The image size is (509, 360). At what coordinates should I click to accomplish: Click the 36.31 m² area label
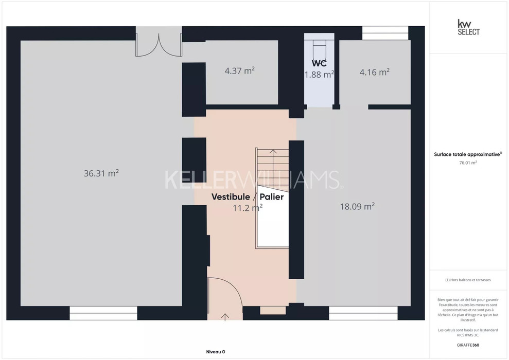pos(101,173)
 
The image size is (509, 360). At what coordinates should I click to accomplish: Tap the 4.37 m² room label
pos(239,70)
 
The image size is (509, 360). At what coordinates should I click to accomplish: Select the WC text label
pos(319,63)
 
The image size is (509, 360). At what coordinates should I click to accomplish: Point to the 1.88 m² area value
pos(319,75)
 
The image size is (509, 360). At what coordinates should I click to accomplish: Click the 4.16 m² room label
pos(375,72)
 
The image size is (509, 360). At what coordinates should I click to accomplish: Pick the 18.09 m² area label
pos(357,207)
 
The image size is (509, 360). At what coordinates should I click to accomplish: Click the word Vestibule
pos(231,197)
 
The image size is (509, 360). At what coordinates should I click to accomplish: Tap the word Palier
pos(272,197)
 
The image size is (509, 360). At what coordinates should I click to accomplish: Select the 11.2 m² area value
pos(248,208)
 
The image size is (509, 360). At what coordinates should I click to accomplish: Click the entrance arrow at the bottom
pos(225,317)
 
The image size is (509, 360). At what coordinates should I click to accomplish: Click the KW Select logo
pos(468,28)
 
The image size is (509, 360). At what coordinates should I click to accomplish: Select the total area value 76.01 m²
pos(468,163)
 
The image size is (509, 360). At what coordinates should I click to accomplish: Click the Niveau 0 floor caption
pos(216,352)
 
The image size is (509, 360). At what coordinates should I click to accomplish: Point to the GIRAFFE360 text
pos(468,345)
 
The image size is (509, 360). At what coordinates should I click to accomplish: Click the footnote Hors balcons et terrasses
pos(468,280)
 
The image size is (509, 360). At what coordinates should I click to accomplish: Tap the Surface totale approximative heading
pos(468,154)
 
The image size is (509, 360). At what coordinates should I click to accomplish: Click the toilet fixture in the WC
pos(320,49)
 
